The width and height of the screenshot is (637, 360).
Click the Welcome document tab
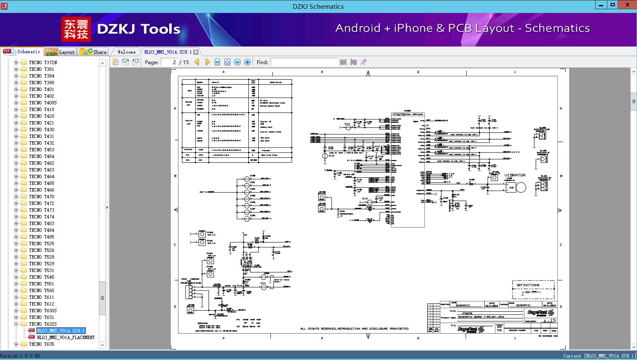[126, 52]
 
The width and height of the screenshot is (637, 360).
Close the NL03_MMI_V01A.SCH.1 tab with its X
[196, 52]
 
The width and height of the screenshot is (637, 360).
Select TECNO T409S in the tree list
[43, 103]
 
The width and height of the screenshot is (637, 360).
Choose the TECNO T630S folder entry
[43, 311]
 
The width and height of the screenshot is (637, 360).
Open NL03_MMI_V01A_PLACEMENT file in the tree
[66, 337]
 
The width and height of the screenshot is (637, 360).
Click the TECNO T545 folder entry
[41, 277]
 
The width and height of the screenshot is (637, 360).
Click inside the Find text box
[304, 62]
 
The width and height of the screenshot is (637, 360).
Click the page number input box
[169, 62]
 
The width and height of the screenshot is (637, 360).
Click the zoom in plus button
[248, 62]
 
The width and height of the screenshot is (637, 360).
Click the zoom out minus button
[237, 62]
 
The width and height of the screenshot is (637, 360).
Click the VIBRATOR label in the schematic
[515, 175]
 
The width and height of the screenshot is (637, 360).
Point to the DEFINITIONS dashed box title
[528, 285]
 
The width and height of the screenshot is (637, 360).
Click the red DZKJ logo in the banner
[76, 29]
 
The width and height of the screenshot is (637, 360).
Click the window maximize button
[613, 5]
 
